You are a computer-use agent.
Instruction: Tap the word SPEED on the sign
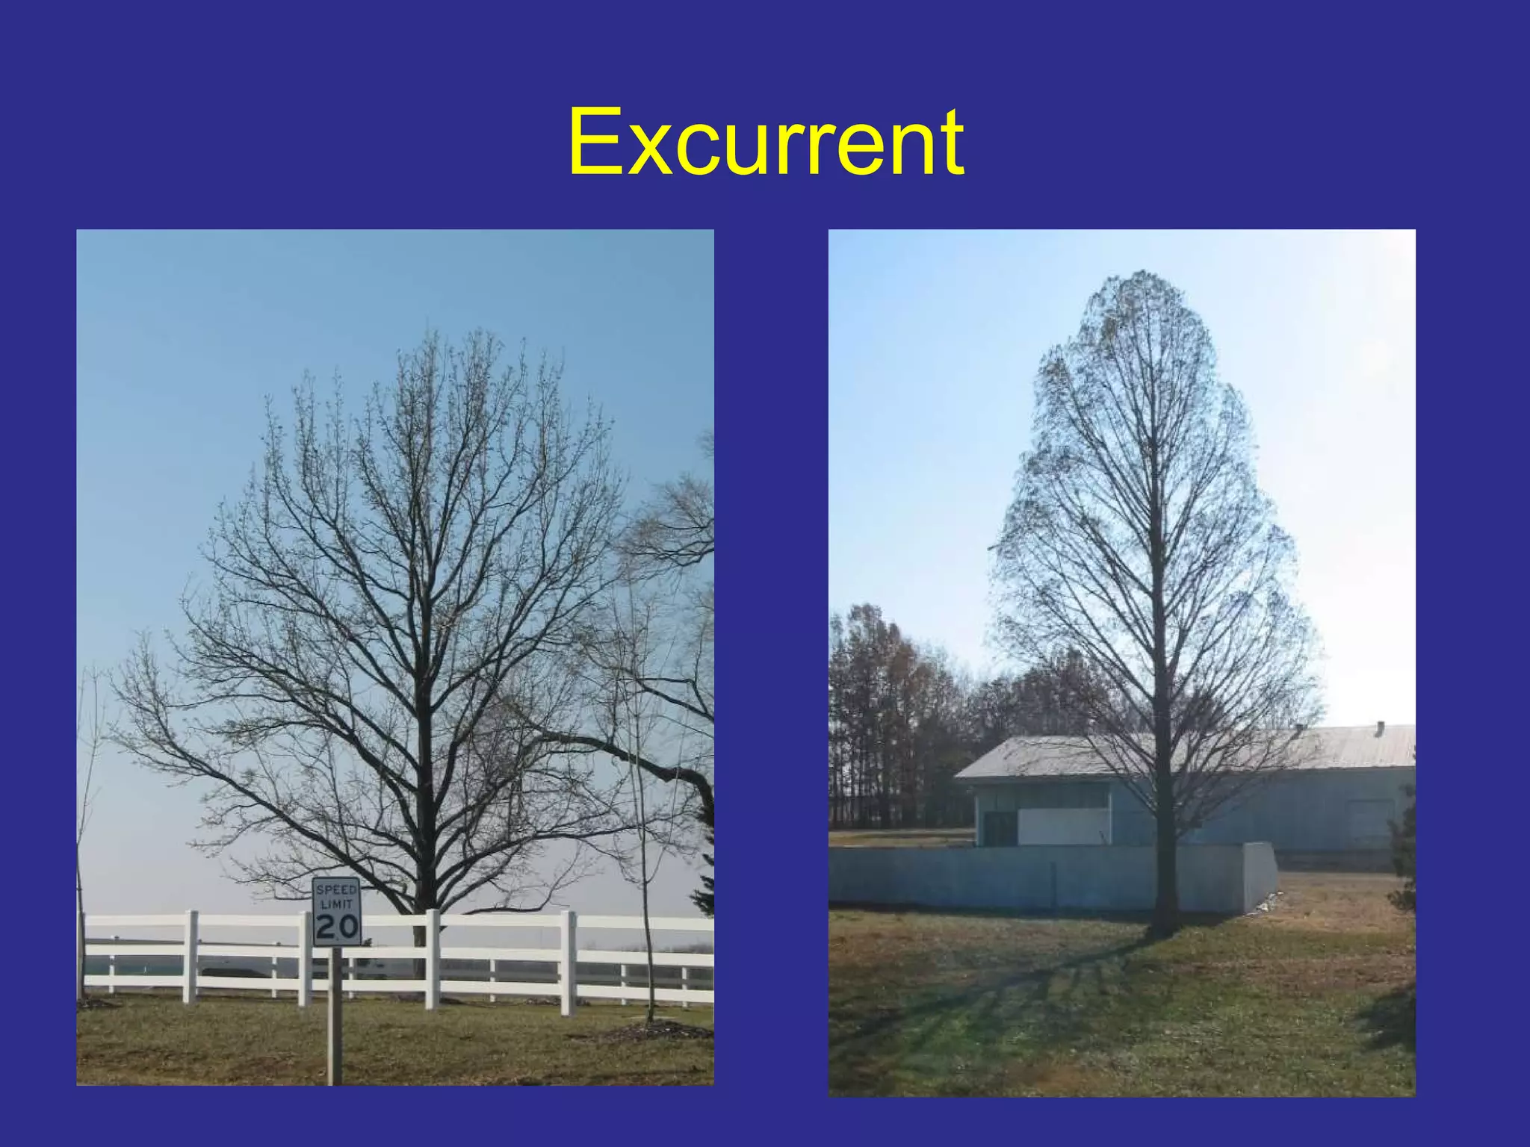336,890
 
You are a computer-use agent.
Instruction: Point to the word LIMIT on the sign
336,904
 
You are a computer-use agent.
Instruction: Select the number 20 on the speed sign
336,927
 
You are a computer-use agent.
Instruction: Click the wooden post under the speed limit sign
335,1016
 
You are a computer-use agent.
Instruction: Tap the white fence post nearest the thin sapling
569,963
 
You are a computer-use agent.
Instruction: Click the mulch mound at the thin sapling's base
650,1032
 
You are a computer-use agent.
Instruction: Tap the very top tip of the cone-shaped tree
1139,274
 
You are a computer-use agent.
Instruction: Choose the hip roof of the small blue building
1046,756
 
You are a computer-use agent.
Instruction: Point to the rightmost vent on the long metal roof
1380,727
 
